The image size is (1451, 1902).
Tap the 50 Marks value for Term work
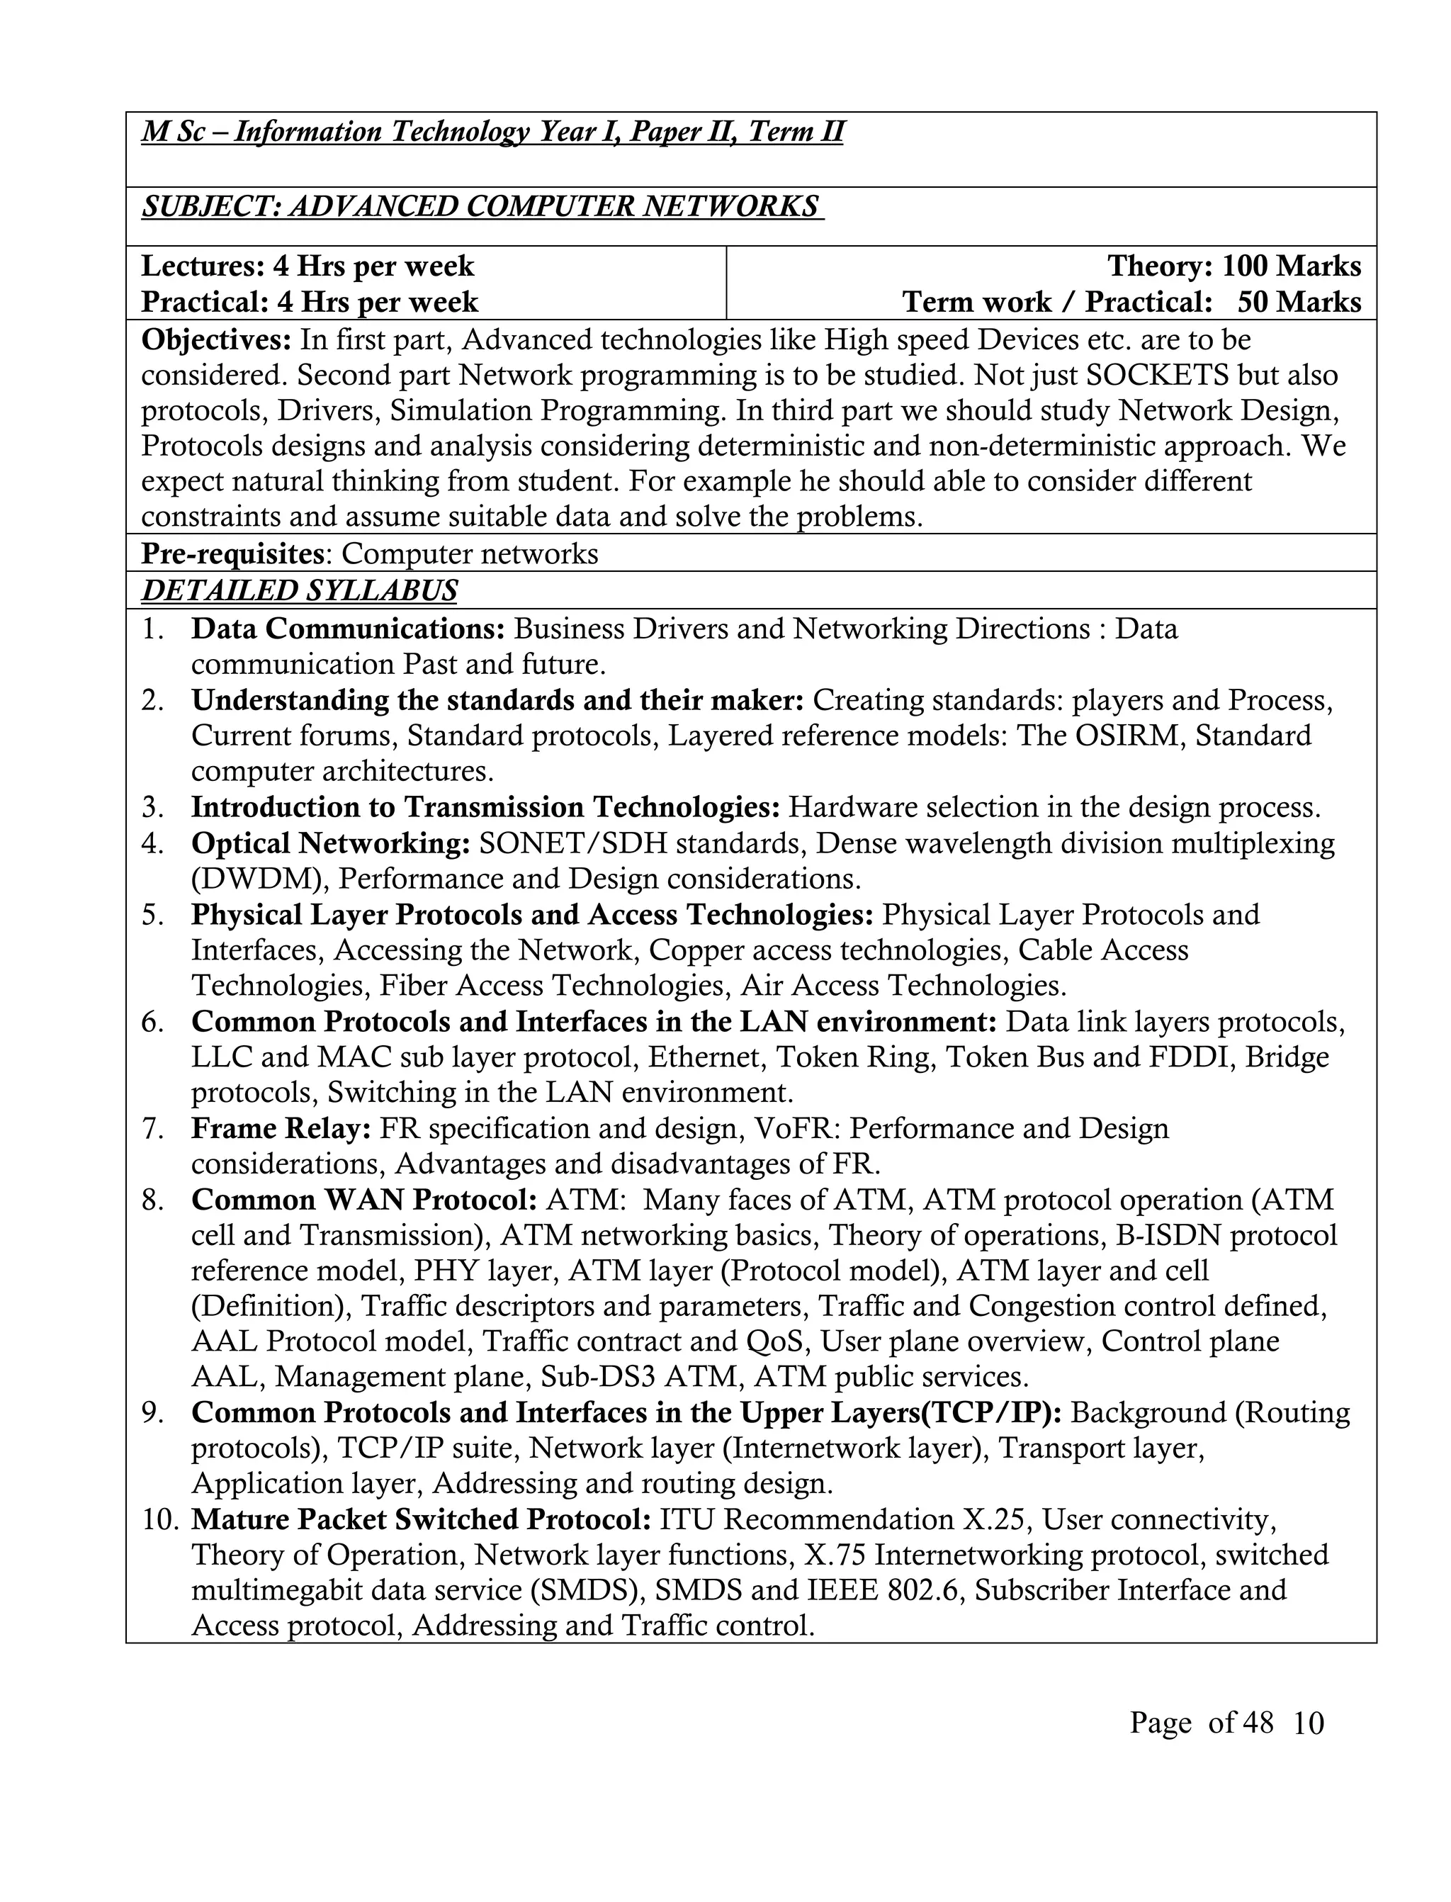(1299, 303)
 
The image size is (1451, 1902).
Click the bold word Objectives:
(217, 339)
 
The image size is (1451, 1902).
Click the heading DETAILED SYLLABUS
(299, 591)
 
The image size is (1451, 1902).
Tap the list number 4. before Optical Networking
(153, 843)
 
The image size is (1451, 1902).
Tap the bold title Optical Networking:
(331, 843)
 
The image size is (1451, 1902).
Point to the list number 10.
(160, 1519)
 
